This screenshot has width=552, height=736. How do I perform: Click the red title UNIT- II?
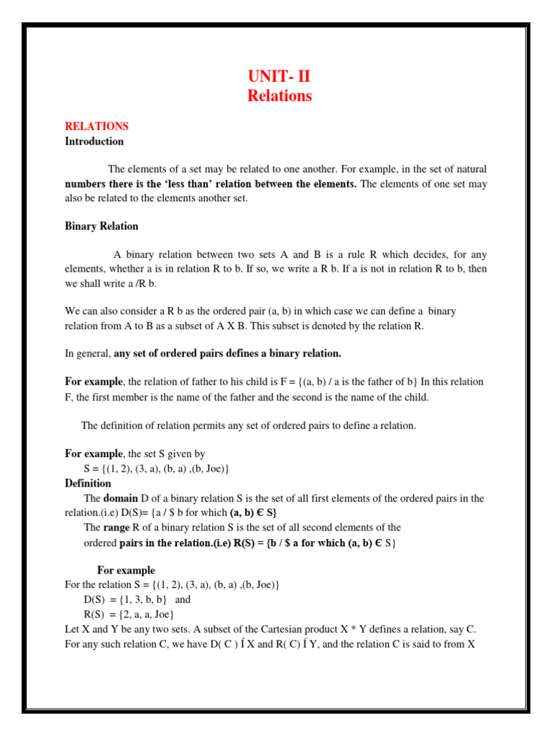click(x=280, y=77)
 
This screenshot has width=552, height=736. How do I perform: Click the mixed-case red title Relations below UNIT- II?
click(x=280, y=96)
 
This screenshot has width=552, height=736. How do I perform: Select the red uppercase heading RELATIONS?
click(x=96, y=126)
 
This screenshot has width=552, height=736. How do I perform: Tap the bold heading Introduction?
click(x=94, y=142)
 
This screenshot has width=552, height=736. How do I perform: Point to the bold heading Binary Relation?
click(x=101, y=226)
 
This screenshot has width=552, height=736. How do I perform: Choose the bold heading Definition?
click(x=88, y=484)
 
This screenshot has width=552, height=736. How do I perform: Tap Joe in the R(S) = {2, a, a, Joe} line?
click(x=162, y=615)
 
